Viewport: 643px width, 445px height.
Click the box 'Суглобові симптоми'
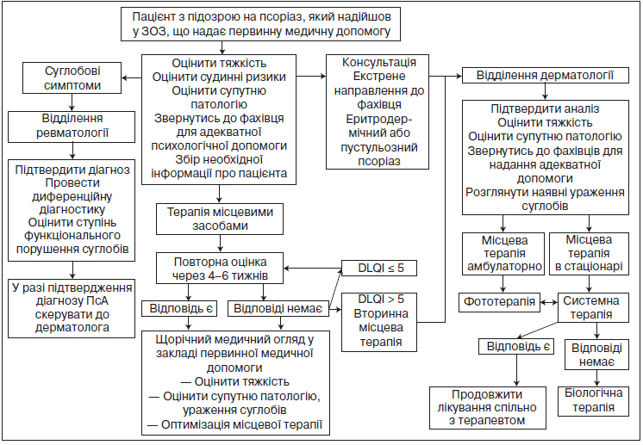click(x=72, y=77)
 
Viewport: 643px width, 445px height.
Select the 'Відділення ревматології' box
click(x=72, y=127)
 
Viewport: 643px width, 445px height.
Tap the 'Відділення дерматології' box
click(x=545, y=76)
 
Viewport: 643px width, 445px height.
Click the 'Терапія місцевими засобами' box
click(x=220, y=219)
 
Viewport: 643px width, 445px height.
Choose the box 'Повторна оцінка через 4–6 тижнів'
click(x=220, y=269)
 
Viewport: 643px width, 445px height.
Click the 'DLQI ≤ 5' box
click(x=379, y=269)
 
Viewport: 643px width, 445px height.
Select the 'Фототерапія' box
click(x=499, y=302)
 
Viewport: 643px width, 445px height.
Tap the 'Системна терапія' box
click(x=593, y=307)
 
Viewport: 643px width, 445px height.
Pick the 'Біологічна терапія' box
click(x=593, y=400)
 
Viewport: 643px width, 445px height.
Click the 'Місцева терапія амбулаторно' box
click(x=503, y=254)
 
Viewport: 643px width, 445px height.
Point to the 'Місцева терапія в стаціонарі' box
click(x=589, y=254)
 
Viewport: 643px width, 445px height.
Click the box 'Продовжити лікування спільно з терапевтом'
click(x=488, y=408)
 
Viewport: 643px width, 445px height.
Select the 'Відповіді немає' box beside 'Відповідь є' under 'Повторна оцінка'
click(x=278, y=309)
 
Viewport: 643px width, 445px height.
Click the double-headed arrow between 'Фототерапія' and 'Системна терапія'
click(x=549, y=302)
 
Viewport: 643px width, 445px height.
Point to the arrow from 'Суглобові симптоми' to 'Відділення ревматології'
click(x=72, y=102)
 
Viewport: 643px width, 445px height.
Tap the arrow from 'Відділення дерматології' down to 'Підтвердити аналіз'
click(x=545, y=92)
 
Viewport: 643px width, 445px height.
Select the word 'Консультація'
click(x=379, y=62)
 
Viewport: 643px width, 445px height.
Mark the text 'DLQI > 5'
click(x=381, y=300)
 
